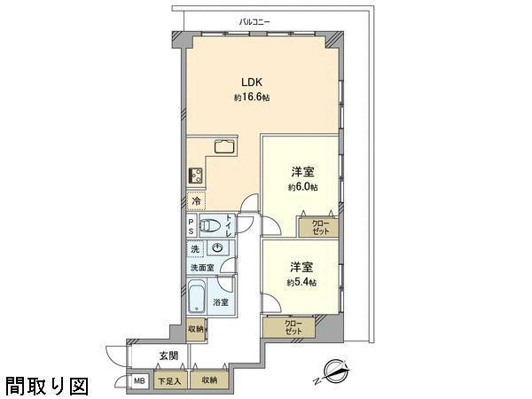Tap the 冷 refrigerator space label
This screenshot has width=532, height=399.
(194, 201)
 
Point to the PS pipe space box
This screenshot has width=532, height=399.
(192, 225)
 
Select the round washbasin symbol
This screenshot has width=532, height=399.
(215, 249)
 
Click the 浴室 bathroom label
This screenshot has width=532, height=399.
(221, 303)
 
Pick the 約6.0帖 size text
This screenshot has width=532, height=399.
(302, 187)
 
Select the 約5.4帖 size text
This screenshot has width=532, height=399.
(301, 282)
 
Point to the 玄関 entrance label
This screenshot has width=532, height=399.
(168, 355)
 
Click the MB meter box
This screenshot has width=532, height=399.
(139, 381)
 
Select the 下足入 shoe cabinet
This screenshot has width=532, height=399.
(168, 381)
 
